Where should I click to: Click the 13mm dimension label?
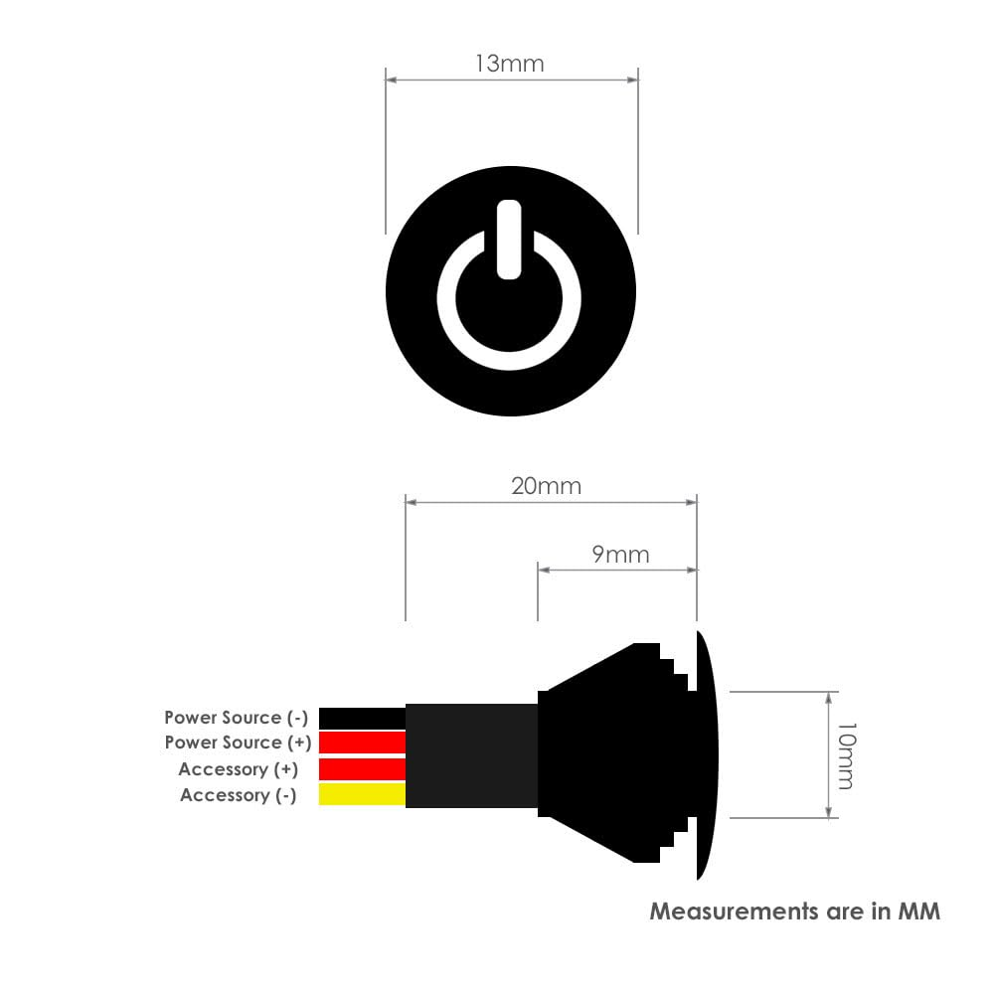(x=509, y=64)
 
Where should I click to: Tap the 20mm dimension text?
(x=546, y=486)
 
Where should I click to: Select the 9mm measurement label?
(x=620, y=554)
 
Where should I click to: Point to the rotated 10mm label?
(x=844, y=755)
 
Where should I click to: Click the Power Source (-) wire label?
(x=236, y=717)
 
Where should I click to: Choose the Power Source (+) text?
(x=238, y=743)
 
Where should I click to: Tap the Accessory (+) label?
(x=238, y=769)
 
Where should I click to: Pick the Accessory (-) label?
(x=238, y=795)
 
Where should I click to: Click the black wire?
(x=362, y=718)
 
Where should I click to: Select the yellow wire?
(x=362, y=794)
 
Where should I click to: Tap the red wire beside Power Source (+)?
(x=362, y=743)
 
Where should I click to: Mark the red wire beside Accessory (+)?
(x=362, y=768)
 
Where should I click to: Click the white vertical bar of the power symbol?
(x=509, y=239)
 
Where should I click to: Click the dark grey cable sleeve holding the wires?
(x=471, y=755)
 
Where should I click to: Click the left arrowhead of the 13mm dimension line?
(x=391, y=79)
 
